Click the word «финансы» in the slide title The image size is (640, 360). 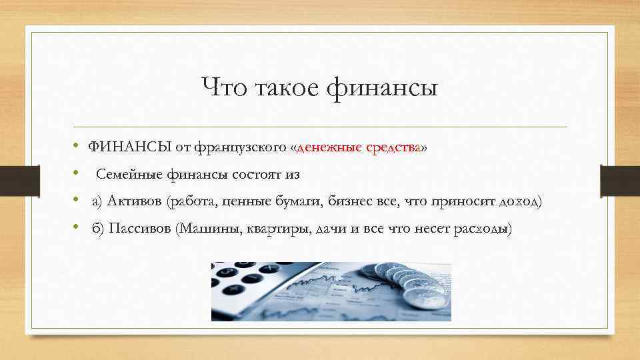[x=382, y=88]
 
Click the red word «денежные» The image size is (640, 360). [x=329, y=148]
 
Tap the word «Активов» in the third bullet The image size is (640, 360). [x=139, y=201]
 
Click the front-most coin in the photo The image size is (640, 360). [x=425, y=297]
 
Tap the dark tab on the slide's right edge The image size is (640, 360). [x=620, y=180]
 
